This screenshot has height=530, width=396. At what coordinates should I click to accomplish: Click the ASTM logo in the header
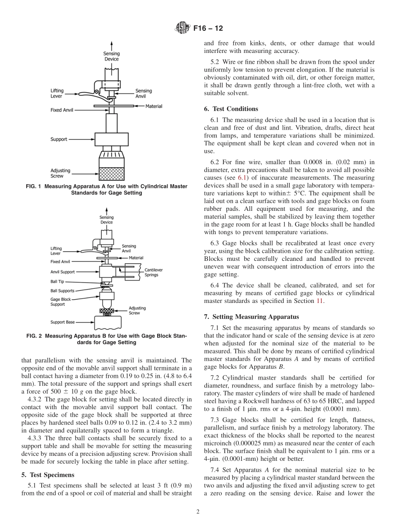point(183,28)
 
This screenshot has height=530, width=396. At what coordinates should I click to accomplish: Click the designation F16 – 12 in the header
point(208,28)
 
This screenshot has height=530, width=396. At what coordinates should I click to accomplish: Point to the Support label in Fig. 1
point(59,139)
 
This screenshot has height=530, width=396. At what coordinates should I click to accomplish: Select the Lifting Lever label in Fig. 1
point(57,93)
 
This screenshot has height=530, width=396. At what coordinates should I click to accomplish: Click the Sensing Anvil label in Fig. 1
point(144,93)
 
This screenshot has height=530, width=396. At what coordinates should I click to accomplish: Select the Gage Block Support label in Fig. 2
point(61,302)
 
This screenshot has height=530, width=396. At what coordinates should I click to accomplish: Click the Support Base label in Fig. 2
point(63,322)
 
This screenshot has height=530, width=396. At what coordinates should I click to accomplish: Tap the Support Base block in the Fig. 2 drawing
point(108,322)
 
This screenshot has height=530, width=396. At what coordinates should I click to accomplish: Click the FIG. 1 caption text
point(107,190)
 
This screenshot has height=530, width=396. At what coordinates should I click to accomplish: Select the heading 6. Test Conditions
point(231,109)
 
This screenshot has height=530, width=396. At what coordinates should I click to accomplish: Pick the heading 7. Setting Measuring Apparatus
point(251,317)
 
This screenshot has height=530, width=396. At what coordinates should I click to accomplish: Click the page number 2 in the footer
point(198,512)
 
